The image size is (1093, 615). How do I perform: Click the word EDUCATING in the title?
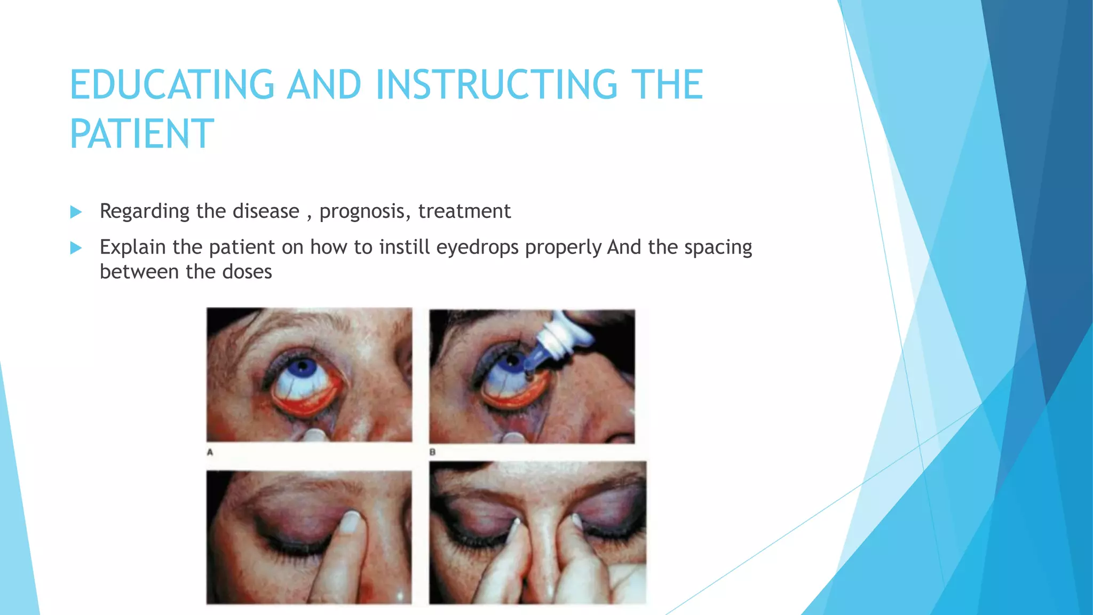[172, 85]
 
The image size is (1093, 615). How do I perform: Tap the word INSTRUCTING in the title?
[496, 85]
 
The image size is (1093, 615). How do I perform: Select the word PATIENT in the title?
[142, 134]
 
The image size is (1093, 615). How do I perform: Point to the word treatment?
[464, 211]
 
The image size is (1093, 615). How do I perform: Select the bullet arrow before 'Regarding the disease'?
[76, 212]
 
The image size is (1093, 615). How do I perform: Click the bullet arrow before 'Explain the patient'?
[76, 248]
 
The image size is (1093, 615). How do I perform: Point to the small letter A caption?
[210, 452]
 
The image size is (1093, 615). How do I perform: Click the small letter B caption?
[432, 452]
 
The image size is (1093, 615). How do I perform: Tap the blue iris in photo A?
[303, 367]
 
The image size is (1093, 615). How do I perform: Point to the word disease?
[266, 211]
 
